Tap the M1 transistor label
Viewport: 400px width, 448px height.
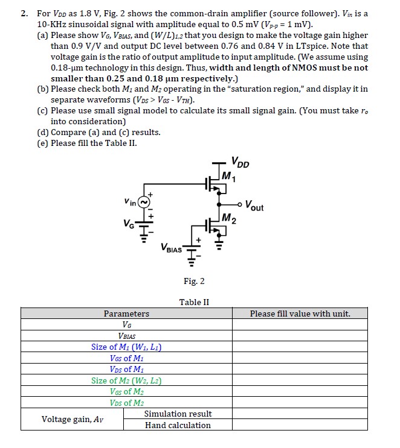pos(229,177)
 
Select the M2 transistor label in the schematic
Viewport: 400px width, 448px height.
pos(229,218)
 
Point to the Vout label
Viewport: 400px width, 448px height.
pos(255,207)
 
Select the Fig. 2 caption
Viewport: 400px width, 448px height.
pos(194,281)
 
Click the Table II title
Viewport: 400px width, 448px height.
pos(194,302)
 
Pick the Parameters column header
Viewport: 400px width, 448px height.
pos(126,314)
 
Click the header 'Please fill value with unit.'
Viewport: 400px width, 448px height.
pos(300,314)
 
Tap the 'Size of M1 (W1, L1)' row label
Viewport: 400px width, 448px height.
pos(126,347)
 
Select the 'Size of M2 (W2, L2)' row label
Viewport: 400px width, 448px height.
pos(126,380)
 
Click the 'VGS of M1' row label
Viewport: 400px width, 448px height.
pos(126,358)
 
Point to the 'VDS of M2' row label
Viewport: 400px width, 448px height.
pos(126,403)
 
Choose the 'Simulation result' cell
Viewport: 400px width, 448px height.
pos(178,414)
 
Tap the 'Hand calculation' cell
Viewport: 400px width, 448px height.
pos(178,425)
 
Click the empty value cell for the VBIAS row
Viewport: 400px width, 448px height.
pos(300,336)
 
